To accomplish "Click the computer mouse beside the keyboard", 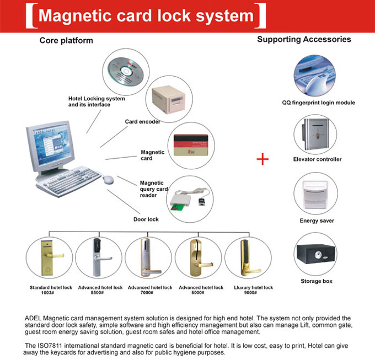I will click(109, 179).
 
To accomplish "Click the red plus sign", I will click(263, 159).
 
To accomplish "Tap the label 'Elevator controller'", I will click(317, 159).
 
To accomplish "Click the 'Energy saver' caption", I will click(317, 221).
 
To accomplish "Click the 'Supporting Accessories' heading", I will click(304, 40).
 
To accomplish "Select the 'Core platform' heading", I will click(66, 41).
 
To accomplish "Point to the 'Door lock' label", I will click(146, 219).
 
